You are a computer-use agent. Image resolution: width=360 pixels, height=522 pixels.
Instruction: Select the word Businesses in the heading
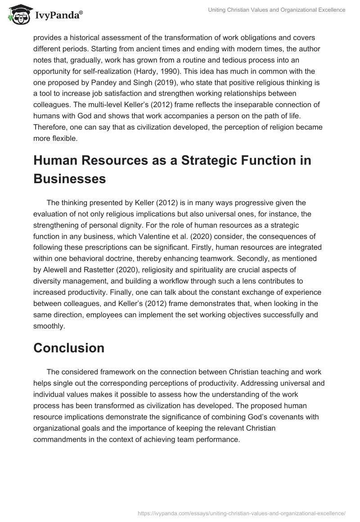tap(69, 179)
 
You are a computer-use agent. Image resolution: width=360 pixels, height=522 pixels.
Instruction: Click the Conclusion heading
tap(69, 347)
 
